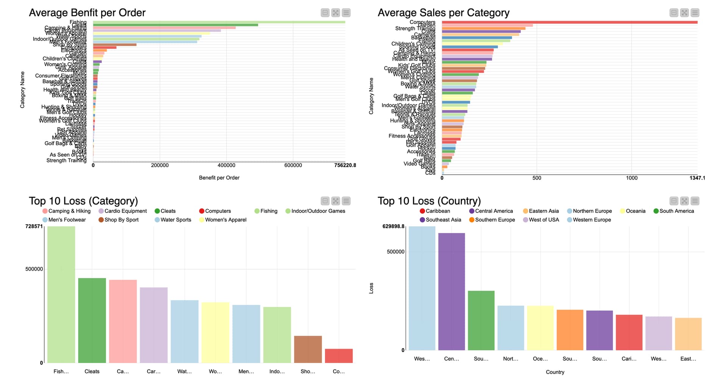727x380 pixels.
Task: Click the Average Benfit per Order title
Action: click(x=87, y=13)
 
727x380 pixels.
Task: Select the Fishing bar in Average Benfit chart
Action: click(x=219, y=22)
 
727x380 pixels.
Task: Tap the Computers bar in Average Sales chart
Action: click(x=569, y=22)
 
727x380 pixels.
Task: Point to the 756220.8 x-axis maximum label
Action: click(x=345, y=165)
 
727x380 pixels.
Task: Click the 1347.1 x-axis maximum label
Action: click(x=697, y=178)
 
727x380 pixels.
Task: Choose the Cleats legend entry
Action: click(x=165, y=211)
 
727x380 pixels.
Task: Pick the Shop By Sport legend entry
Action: click(x=119, y=220)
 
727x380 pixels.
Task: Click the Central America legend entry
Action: click(x=491, y=211)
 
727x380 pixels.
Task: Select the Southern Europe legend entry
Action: click(x=492, y=220)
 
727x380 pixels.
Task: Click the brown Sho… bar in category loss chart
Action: click(x=308, y=349)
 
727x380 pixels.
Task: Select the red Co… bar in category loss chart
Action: click(x=339, y=356)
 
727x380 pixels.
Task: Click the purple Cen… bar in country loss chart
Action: click(x=451, y=292)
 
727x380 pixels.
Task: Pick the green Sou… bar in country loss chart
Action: click(x=481, y=320)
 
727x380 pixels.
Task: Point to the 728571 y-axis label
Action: click(x=34, y=226)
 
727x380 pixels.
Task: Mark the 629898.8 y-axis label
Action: click(x=393, y=226)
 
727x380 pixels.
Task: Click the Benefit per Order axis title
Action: click(x=219, y=178)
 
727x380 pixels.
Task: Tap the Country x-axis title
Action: click(x=555, y=372)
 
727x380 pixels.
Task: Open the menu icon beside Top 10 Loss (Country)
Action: click(x=695, y=201)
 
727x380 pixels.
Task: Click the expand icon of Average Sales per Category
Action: click(x=684, y=13)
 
